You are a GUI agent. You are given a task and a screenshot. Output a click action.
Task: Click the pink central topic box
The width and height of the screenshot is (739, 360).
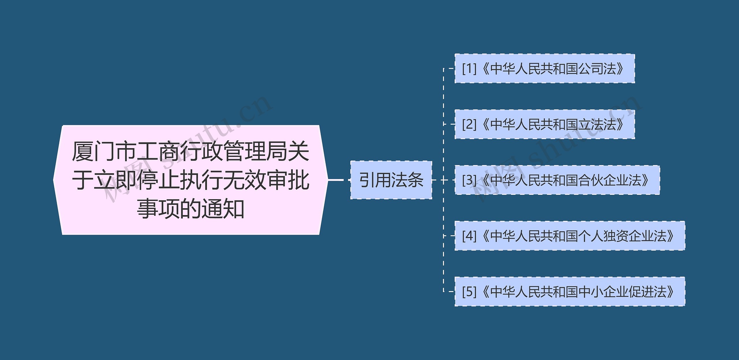pyautogui.click(x=191, y=180)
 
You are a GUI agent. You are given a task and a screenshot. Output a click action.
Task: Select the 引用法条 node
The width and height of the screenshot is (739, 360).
pyautogui.click(x=391, y=180)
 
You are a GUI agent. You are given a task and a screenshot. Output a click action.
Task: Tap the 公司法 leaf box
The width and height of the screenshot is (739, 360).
pyautogui.click(x=544, y=68)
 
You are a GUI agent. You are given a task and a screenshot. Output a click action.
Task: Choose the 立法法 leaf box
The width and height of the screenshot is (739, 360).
pyautogui.click(x=544, y=124)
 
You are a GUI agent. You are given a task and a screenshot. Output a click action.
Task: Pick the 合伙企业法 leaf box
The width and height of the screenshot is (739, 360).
pyautogui.click(x=557, y=180)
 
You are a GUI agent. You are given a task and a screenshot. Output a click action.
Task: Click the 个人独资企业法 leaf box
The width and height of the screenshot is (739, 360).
pyautogui.click(x=570, y=236)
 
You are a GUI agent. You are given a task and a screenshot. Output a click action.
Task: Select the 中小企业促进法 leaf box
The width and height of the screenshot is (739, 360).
pyautogui.click(x=570, y=291)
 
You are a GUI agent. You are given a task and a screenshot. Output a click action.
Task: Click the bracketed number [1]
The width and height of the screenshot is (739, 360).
pyautogui.click(x=469, y=69)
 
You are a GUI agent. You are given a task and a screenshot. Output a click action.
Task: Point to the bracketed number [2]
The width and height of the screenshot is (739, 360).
pyautogui.click(x=469, y=124)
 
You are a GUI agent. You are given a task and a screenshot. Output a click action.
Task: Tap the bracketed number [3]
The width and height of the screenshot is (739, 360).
pyautogui.click(x=469, y=180)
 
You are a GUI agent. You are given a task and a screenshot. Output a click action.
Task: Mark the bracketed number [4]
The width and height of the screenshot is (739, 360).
pyautogui.click(x=469, y=236)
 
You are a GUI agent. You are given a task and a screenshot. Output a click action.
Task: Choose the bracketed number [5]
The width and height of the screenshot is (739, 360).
pyautogui.click(x=469, y=292)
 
